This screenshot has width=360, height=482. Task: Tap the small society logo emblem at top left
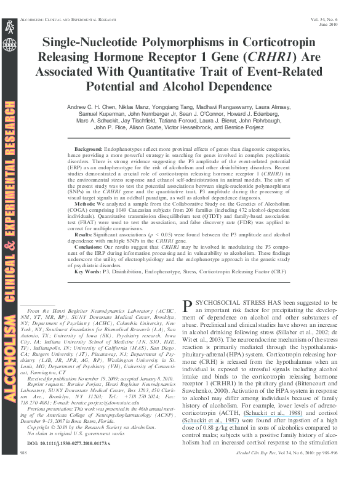[9, 30]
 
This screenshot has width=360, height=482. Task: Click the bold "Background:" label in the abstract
[87, 150]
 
